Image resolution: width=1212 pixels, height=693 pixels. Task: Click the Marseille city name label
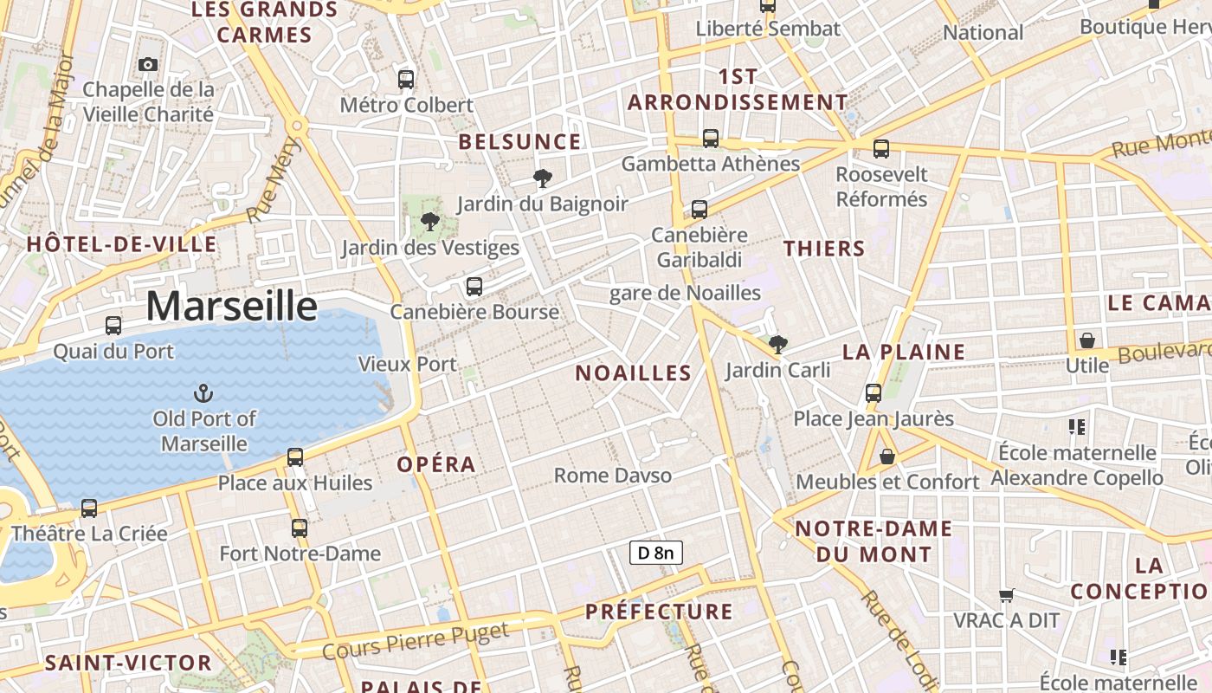click(x=231, y=306)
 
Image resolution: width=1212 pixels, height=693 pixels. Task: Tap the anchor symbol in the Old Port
click(x=203, y=393)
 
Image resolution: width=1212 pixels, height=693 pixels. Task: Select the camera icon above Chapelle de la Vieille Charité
click(x=148, y=64)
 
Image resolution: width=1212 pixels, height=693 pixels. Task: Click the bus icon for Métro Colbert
click(x=406, y=80)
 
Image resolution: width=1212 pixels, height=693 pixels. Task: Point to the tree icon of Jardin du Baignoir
click(x=543, y=178)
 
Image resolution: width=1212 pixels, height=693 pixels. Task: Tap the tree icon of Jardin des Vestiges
click(x=429, y=222)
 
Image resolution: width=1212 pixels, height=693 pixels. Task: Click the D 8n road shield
click(x=655, y=553)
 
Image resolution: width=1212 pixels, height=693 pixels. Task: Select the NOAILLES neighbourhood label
click(x=634, y=373)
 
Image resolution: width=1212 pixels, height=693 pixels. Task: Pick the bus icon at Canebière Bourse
click(x=474, y=287)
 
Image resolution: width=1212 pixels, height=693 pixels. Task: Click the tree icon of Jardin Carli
click(x=777, y=345)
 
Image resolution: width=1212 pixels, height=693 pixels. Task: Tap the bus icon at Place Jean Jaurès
click(x=874, y=393)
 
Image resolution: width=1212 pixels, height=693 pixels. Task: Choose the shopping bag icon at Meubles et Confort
click(x=887, y=456)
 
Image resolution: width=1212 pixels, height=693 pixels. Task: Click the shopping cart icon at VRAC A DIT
click(x=1006, y=595)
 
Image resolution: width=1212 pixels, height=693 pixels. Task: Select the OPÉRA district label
click(x=436, y=464)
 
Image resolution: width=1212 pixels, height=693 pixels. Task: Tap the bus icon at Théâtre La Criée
click(x=89, y=508)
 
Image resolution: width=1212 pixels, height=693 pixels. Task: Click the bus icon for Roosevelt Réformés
click(x=881, y=149)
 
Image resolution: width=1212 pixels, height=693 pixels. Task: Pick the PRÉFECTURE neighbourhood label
click(x=659, y=612)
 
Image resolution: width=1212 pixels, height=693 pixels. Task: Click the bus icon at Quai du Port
click(x=113, y=326)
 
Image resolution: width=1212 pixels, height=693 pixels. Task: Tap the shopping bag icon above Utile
click(x=1086, y=340)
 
